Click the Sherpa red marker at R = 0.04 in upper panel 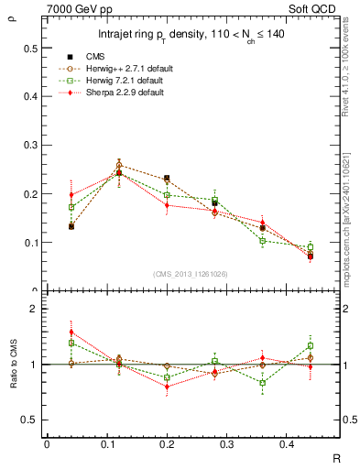(x=71, y=194)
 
